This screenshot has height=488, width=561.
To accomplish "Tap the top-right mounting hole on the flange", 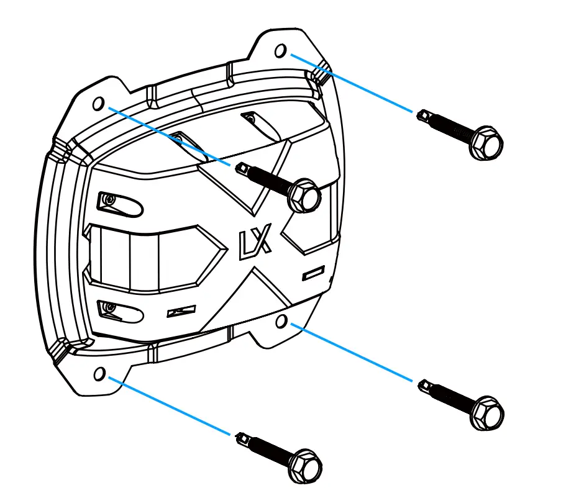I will click(x=281, y=50).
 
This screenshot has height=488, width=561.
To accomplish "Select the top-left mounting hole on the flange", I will click(x=98, y=103).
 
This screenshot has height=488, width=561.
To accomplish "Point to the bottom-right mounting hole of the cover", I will click(x=281, y=320).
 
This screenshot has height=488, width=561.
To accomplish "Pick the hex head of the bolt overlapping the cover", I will click(x=304, y=196).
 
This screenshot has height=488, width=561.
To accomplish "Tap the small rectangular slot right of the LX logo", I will click(x=314, y=272).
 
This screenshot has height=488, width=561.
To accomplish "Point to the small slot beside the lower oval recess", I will click(x=181, y=311).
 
